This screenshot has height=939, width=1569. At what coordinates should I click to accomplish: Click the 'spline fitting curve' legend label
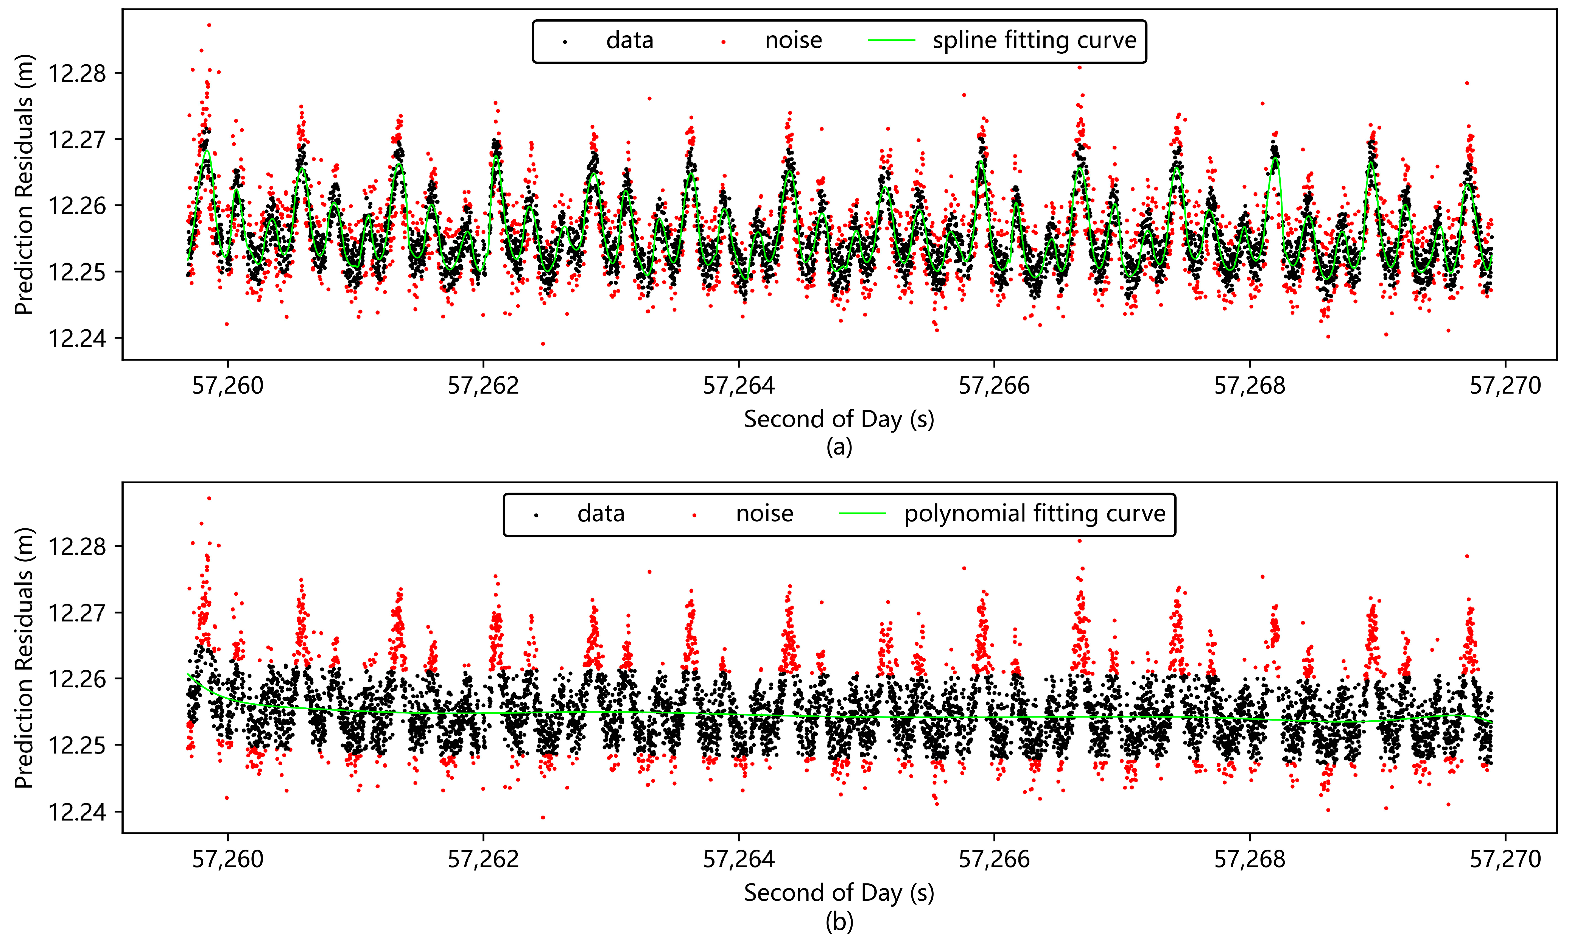pyautogui.click(x=1034, y=40)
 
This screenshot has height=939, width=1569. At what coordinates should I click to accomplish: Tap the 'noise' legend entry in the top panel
pyautogui.click(x=793, y=40)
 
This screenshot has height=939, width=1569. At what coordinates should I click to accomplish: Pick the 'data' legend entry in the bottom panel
pyautogui.click(x=601, y=513)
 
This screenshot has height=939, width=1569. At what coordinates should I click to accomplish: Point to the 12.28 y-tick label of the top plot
pyautogui.click(x=77, y=73)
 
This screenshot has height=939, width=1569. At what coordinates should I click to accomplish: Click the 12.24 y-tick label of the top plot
pyautogui.click(x=77, y=338)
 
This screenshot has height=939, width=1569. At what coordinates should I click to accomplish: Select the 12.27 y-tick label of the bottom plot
pyautogui.click(x=77, y=612)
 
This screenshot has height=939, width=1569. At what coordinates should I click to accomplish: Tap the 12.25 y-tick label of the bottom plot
pyautogui.click(x=77, y=745)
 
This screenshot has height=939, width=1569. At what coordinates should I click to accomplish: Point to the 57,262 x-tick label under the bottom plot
pyautogui.click(x=483, y=859)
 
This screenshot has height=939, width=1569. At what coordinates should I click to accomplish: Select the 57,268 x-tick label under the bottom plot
pyautogui.click(x=1250, y=859)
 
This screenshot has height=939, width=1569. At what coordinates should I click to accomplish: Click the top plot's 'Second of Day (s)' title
pyautogui.click(x=839, y=419)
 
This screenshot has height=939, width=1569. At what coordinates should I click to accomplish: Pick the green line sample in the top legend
pyautogui.click(x=892, y=40)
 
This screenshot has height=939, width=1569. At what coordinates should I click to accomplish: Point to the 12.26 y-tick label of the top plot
pyautogui.click(x=77, y=206)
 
